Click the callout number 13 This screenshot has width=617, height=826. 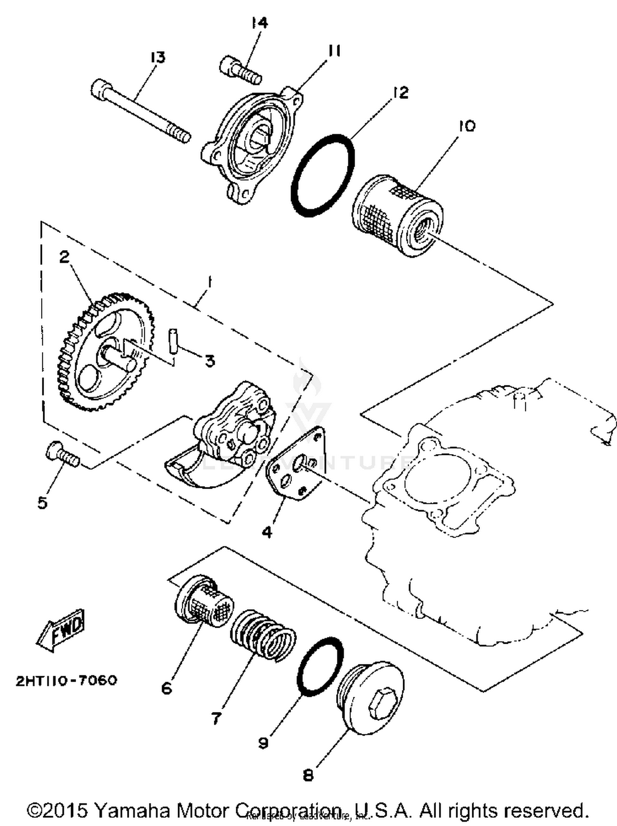pos(158,57)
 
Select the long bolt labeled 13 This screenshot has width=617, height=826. pos(140,111)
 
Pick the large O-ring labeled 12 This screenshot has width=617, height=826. pos(322,175)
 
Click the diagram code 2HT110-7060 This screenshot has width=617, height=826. pos(66,680)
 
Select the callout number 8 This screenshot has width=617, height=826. pos(308,775)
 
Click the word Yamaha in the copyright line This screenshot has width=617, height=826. pos(132,810)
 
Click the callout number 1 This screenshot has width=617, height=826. pos(209,283)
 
